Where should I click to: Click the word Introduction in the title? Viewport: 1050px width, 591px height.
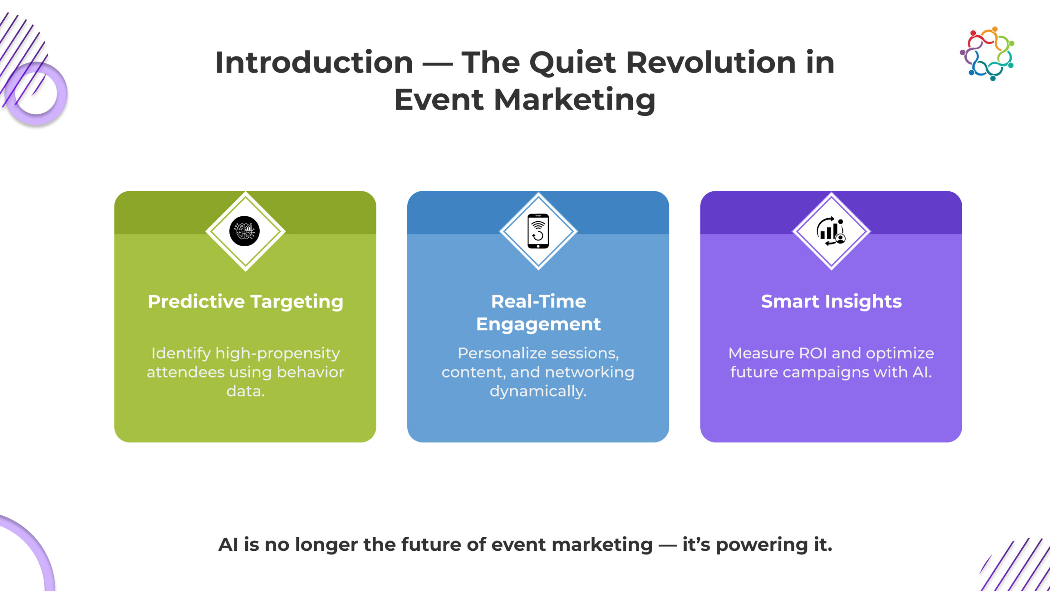tap(314, 62)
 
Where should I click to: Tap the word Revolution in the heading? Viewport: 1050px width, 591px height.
tap(711, 62)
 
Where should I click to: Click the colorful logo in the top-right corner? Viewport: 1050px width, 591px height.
tap(987, 54)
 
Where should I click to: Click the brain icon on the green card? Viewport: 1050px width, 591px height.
tap(244, 231)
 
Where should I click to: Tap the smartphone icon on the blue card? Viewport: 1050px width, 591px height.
tap(538, 231)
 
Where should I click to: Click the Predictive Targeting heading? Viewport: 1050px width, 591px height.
tap(245, 302)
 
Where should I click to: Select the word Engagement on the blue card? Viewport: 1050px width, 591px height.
tap(538, 324)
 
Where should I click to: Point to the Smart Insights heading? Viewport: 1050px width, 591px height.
tap(831, 302)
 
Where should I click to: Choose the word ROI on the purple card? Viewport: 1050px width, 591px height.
tap(813, 353)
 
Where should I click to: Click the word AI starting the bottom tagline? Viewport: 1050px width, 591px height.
tap(228, 545)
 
